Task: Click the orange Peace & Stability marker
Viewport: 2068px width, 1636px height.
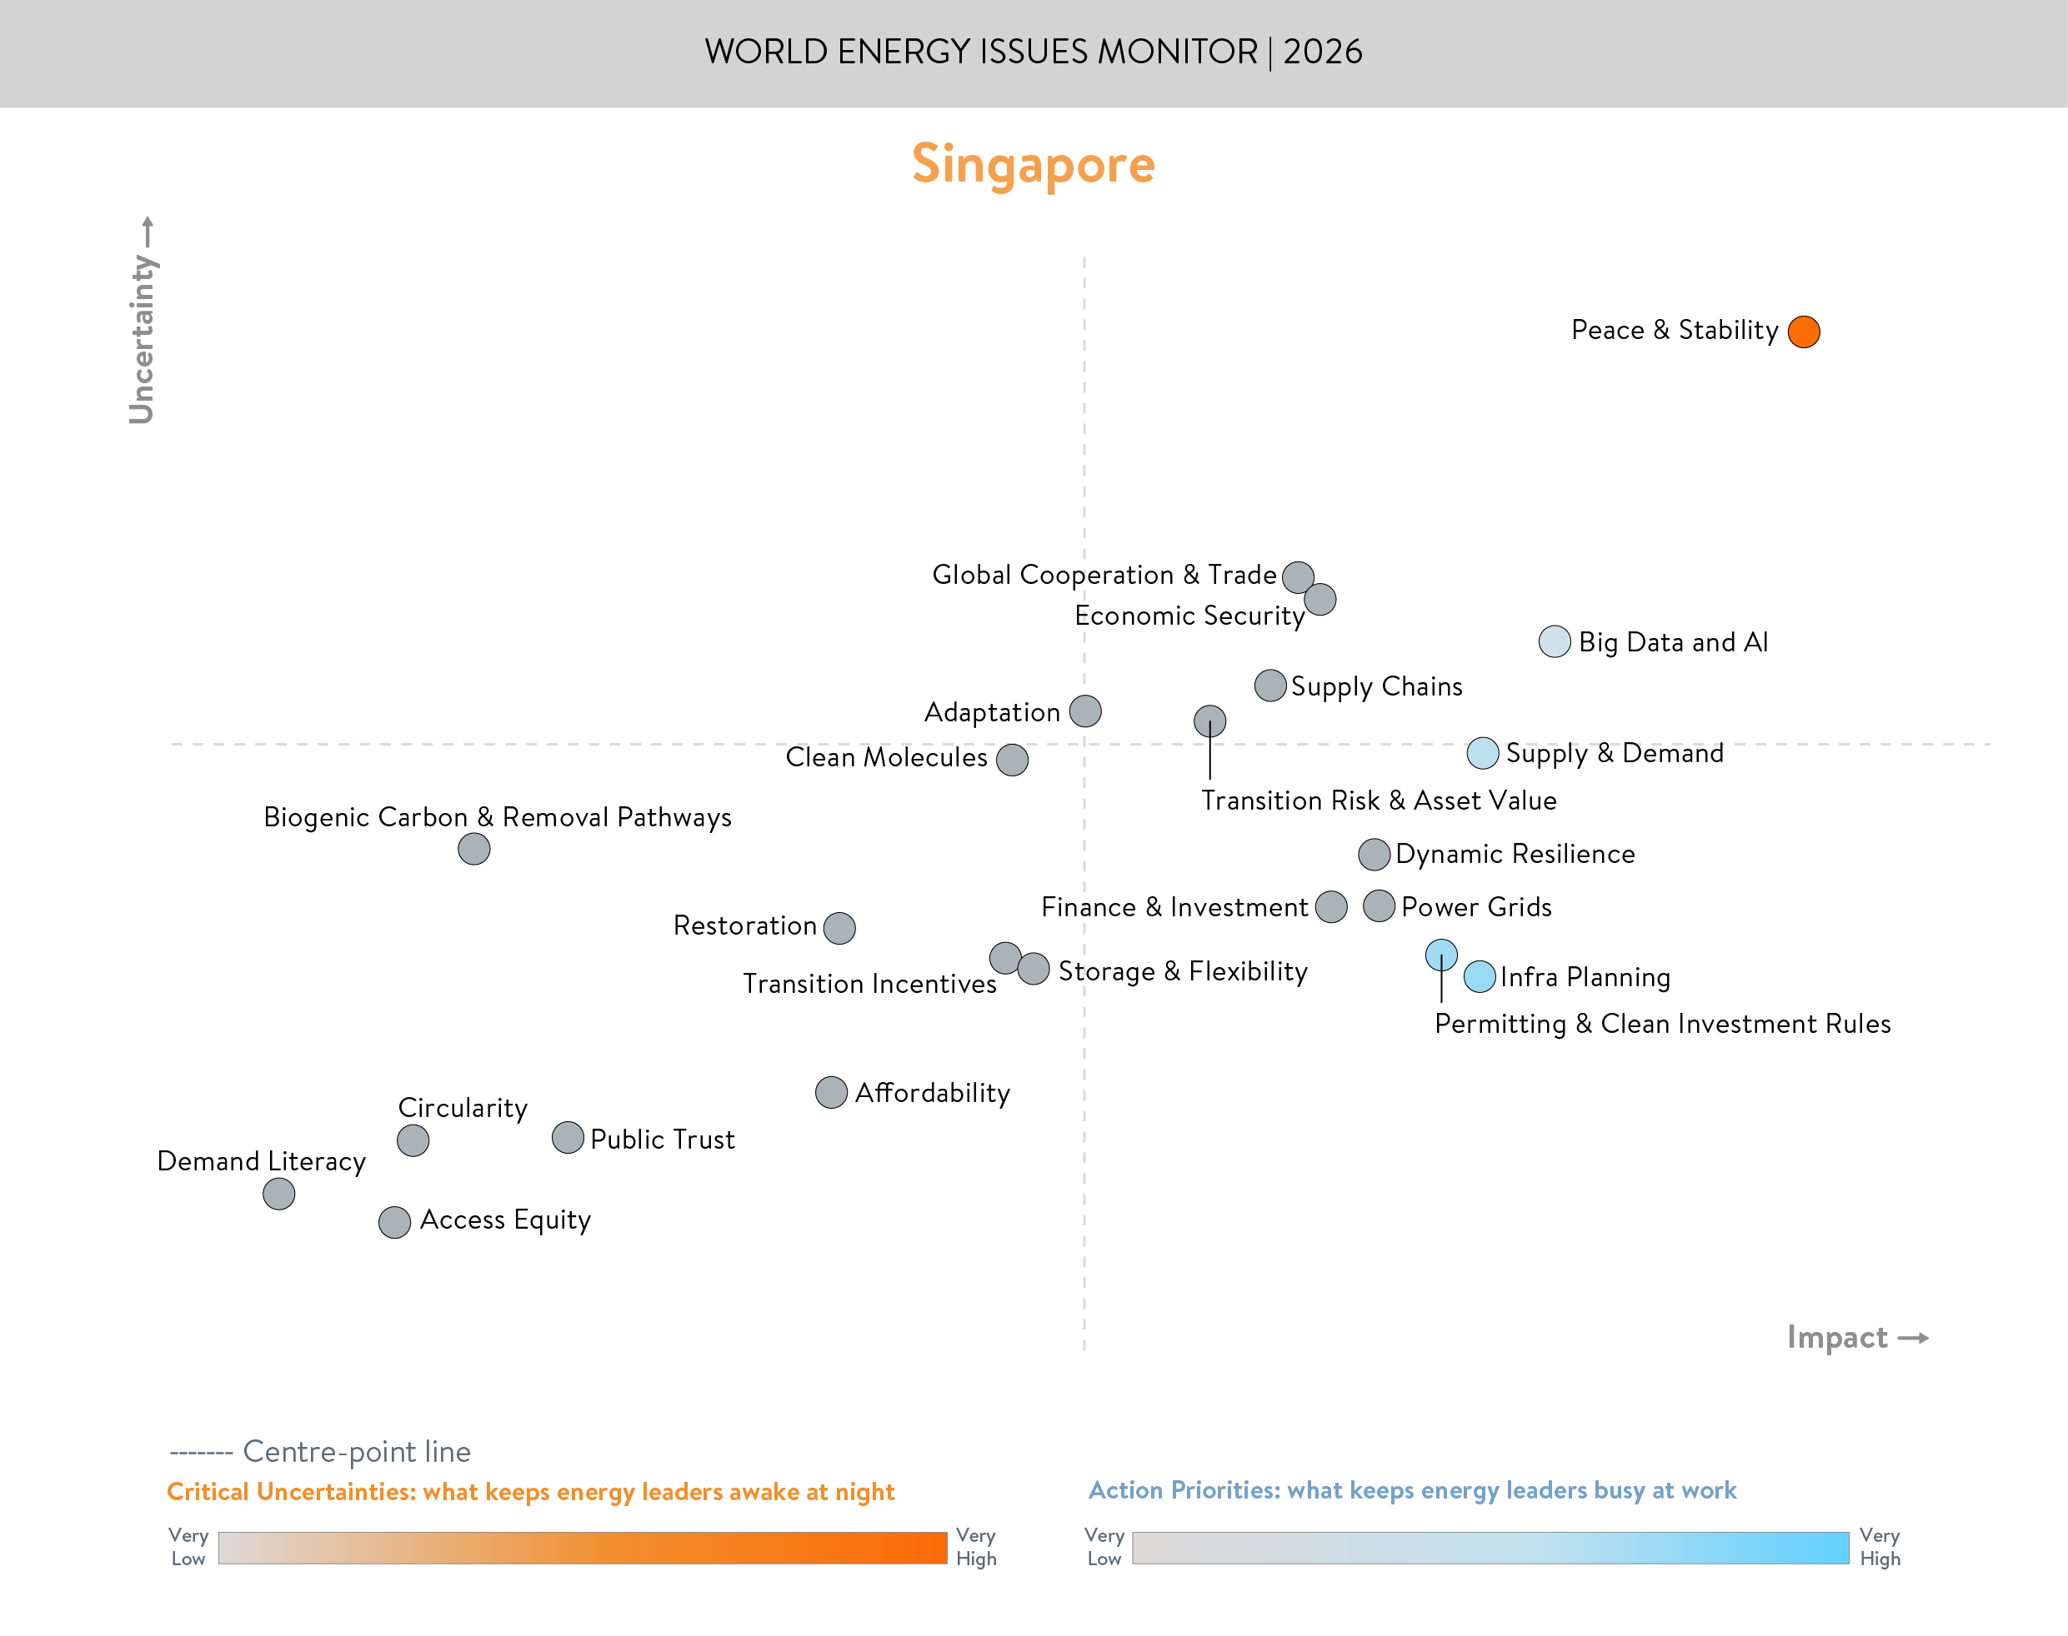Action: click(1804, 332)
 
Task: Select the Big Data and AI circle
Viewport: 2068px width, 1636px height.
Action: click(1555, 641)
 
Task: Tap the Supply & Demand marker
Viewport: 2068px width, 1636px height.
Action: click(1483, 753)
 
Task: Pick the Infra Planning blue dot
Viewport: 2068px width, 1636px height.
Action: click(1480, 976)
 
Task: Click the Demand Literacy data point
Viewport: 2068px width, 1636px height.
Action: click(279, 1194)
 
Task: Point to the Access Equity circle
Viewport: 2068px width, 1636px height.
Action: click(395, 1222)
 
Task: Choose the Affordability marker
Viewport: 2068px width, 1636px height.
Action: click(831, 1092)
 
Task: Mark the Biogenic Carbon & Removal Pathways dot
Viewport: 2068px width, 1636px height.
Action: click(474, 849)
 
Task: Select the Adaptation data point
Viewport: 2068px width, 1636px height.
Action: click(1084, 711)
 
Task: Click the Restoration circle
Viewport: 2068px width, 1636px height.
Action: click(839, 927)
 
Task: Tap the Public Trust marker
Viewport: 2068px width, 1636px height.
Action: click(568, 1138)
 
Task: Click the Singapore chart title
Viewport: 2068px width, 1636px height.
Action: click(1033, 165)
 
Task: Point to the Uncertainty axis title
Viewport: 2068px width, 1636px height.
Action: click(142, 337)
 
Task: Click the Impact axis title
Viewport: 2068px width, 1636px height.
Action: click(1837, 1337)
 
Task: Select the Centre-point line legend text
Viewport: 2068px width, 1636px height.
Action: click(357, 1451)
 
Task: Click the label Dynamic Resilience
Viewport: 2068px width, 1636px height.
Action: click(1515, 854)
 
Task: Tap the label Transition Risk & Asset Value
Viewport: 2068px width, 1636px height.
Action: click(1378, 800)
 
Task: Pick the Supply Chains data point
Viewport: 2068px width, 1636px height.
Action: click(1269, 686)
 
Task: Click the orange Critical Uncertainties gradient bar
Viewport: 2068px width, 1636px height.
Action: click(582, 1548)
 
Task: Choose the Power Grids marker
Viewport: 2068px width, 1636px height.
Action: click(1379, 906)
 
